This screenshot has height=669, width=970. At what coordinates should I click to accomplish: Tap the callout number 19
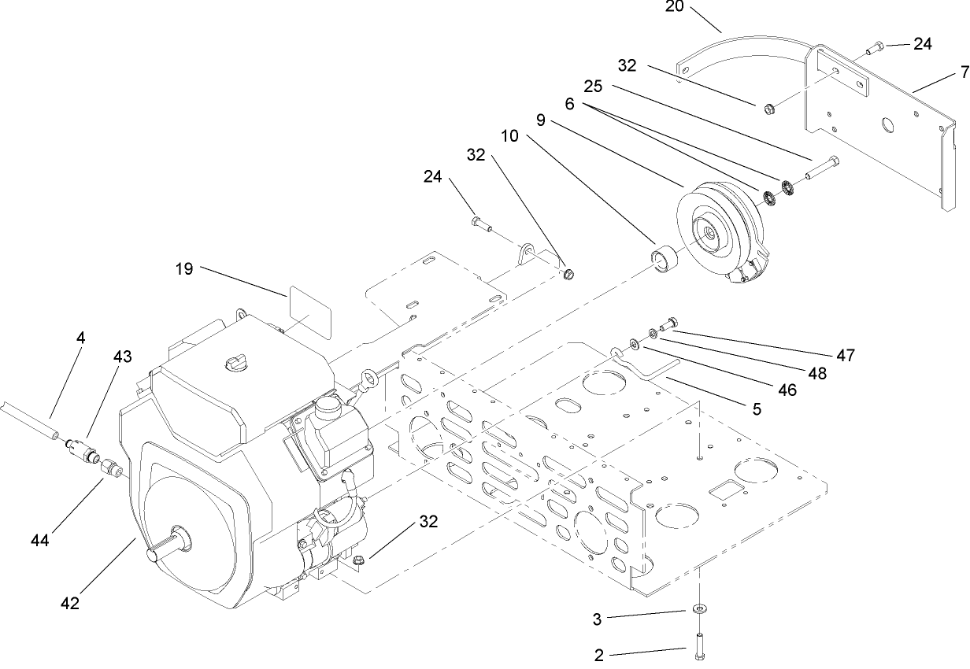pos(183,268)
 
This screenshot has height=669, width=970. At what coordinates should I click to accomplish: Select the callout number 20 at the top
pos(675,6)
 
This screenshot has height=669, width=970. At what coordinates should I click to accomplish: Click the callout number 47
pos(846,356)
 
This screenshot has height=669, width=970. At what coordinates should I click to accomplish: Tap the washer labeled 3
pos(699,611)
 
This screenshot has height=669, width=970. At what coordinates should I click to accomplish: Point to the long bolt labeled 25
pos(824,167)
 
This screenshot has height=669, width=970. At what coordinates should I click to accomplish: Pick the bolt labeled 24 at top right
pos(875,50)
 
